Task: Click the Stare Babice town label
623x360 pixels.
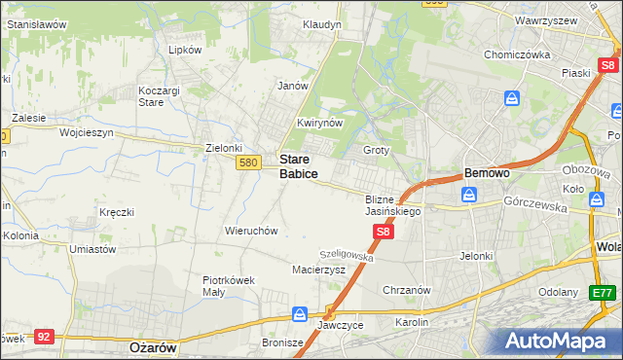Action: pyautogui.click(x=298, y=165)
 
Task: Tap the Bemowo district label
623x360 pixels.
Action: pyautogui.click(x=487, y=172)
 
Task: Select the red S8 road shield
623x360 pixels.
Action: pyautogui.click(x=384, y=232)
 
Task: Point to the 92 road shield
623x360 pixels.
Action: pyautogui.click(x=43, y=336)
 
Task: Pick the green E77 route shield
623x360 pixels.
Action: pyautogui.click(x=603, y=292)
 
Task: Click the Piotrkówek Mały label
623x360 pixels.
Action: pyautogui.click(x=228, y=285)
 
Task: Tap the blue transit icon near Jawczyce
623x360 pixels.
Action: pyautogui.click(x=300, y=314)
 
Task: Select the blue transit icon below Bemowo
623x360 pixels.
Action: pyautogui.click(x=469, y=195)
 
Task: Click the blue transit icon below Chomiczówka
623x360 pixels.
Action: pyautogui.click(x=512, y=98)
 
